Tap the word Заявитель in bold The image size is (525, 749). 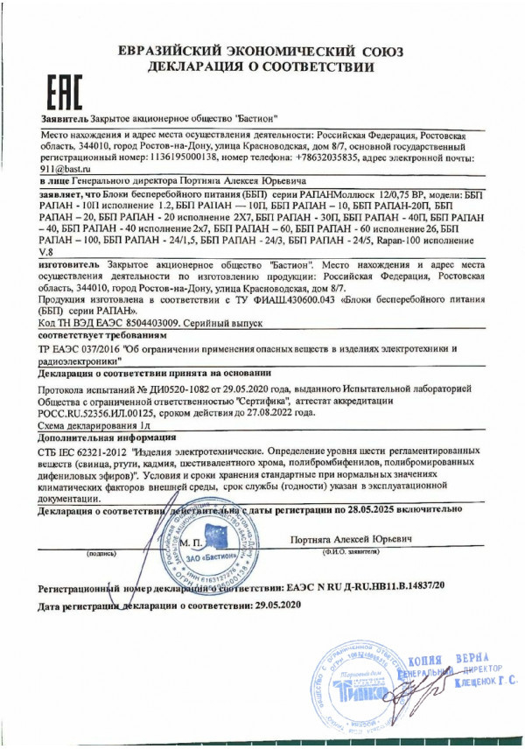[x=64, y=117]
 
